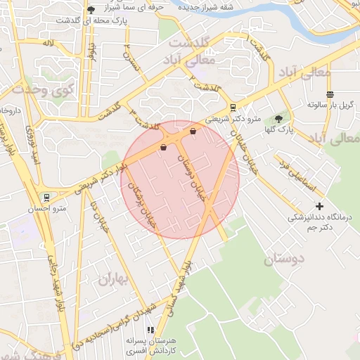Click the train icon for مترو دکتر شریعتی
click(233, 108)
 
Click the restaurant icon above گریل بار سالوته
click(330, 94)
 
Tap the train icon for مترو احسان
click(46, 198)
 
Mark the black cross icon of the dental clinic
click(320, 206)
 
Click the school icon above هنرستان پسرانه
click(150, 330)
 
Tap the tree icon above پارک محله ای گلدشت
click(91, 10)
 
